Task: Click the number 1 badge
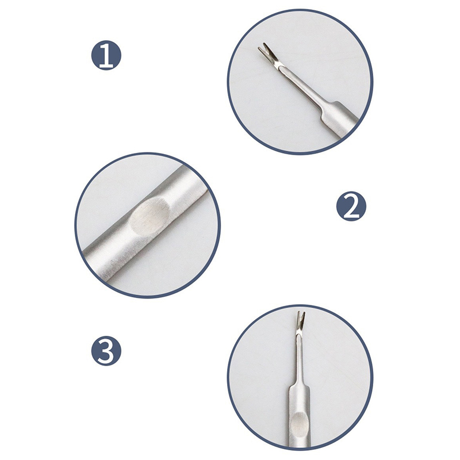coord(106,55)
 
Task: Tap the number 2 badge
coord(351,206)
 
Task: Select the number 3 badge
coord(106,351)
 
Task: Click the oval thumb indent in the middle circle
coord(150,216)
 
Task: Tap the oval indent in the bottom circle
coord(298,423)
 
